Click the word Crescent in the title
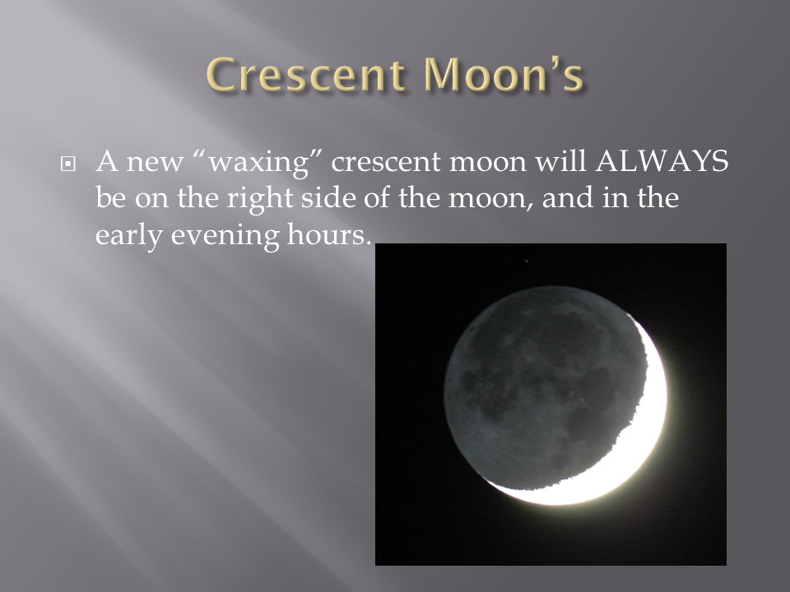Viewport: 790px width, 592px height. pyautogui.click(x=306, y=75)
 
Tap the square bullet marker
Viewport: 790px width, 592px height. pyautogui.click(x=67, y=164)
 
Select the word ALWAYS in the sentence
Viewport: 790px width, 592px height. pyautogui.click(x=662, y=161)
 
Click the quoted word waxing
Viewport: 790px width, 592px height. pyautogui.click(x=258, y=163)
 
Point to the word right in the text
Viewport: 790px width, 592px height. pyautogui.click(x=259, y=199)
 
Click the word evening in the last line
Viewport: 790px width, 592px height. pyautogui.click(x=225, y=236)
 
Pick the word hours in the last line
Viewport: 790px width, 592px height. pyautogui.click(x=329, y=234)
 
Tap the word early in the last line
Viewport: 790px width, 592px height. pyautogui.click(x=128, y=236)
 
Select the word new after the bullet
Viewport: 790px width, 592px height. pyautogui.click(x=154, y=163)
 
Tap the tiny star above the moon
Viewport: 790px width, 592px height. pyautogui.click(x=527, y=261)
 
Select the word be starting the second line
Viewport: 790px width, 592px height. pyautogui.click(x=110, y=197)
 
